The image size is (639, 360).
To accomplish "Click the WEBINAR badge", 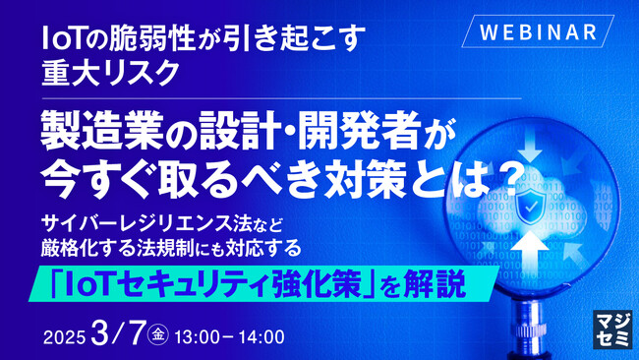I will [539, 30].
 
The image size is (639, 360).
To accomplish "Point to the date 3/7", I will [116, 334].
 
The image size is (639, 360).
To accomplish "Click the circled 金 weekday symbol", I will [158, 336].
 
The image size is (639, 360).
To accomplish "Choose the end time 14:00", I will [261, 337].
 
